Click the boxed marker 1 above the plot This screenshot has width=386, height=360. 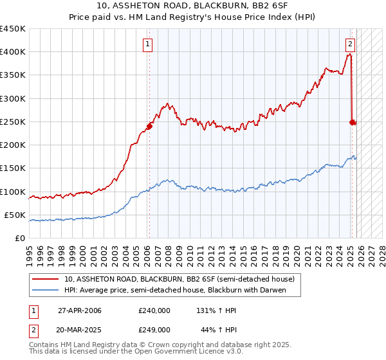coord(149,44)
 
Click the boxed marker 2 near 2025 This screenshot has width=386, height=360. coord(350,44)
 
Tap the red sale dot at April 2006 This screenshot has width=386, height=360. coord(149,126)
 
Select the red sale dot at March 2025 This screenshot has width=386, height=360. coord(352,122)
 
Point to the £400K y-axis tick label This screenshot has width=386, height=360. coord(13,52)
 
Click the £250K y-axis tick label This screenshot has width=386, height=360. coord(13,122)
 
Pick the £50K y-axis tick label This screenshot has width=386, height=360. coord(15,215)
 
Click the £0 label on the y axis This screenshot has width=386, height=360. coord(21,238)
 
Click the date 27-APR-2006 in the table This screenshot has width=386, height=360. coord(80,310)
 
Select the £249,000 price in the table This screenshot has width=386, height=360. coord(154,329)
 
